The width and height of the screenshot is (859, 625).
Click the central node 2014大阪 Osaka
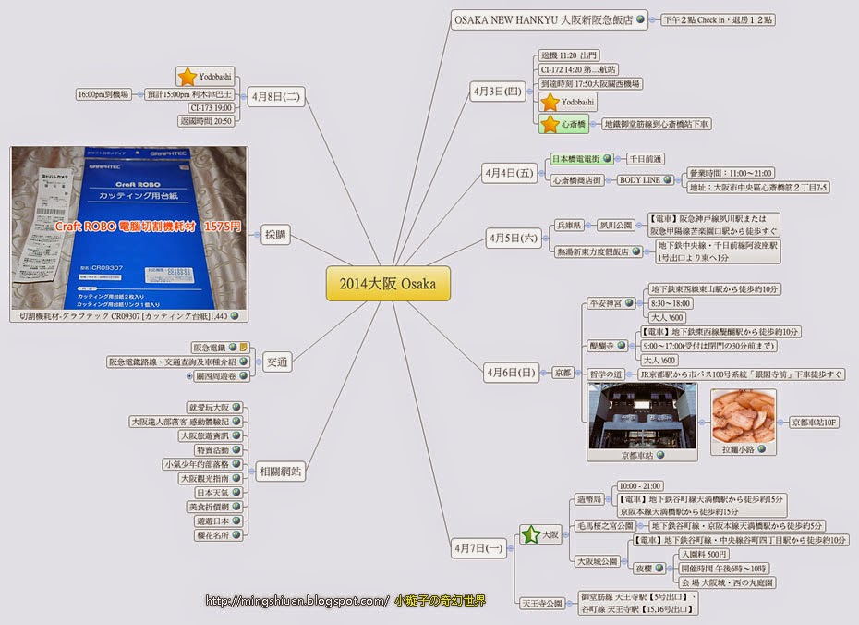coord(388,284)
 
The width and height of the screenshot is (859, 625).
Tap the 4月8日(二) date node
coord(275,94)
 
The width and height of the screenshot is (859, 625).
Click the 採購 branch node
coord(275,236)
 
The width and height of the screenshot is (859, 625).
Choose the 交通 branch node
coord(276,362)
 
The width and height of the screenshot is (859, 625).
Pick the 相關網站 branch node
coord(281,471)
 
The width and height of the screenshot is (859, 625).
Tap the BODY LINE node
coord(639,179)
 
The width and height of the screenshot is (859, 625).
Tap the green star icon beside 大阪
coord(529,535)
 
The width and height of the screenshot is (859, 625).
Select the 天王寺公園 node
coord(542,603)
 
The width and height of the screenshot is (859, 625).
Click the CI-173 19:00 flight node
coord(209,107)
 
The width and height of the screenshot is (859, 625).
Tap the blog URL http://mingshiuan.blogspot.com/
coord(296,602)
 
